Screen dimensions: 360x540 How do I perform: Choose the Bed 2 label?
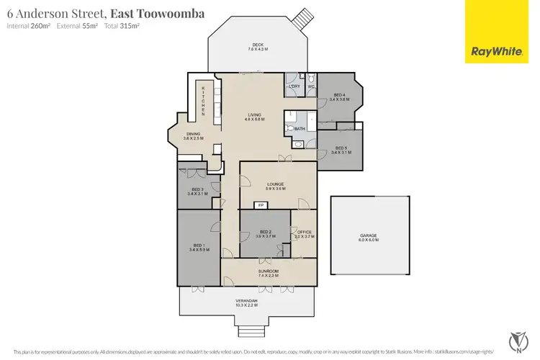pyautogui.click(x=266, y=234)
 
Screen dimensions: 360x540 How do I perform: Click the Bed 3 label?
pyautogui.click(x=197, y=192)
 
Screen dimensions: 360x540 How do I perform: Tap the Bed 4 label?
pyautogui.click(x=338, y=97)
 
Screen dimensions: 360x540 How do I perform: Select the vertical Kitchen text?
pyautogui.click(x=203, y=102)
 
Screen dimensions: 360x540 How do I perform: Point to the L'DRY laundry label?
pyautogui.click(x=294, y=86)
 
